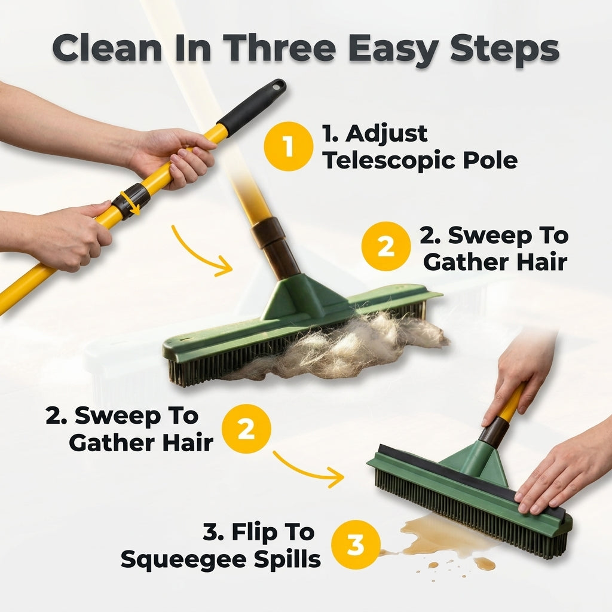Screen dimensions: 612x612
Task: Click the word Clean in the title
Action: pos(108,48)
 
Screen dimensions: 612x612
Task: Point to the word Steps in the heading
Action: pos(505,51)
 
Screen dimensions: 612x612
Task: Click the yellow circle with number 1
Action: pos(289,146)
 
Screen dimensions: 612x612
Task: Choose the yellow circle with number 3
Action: pos(356,544)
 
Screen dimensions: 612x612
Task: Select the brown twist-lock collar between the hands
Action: pos(131,201)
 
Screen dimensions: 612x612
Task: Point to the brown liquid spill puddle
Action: pos(441,543)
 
